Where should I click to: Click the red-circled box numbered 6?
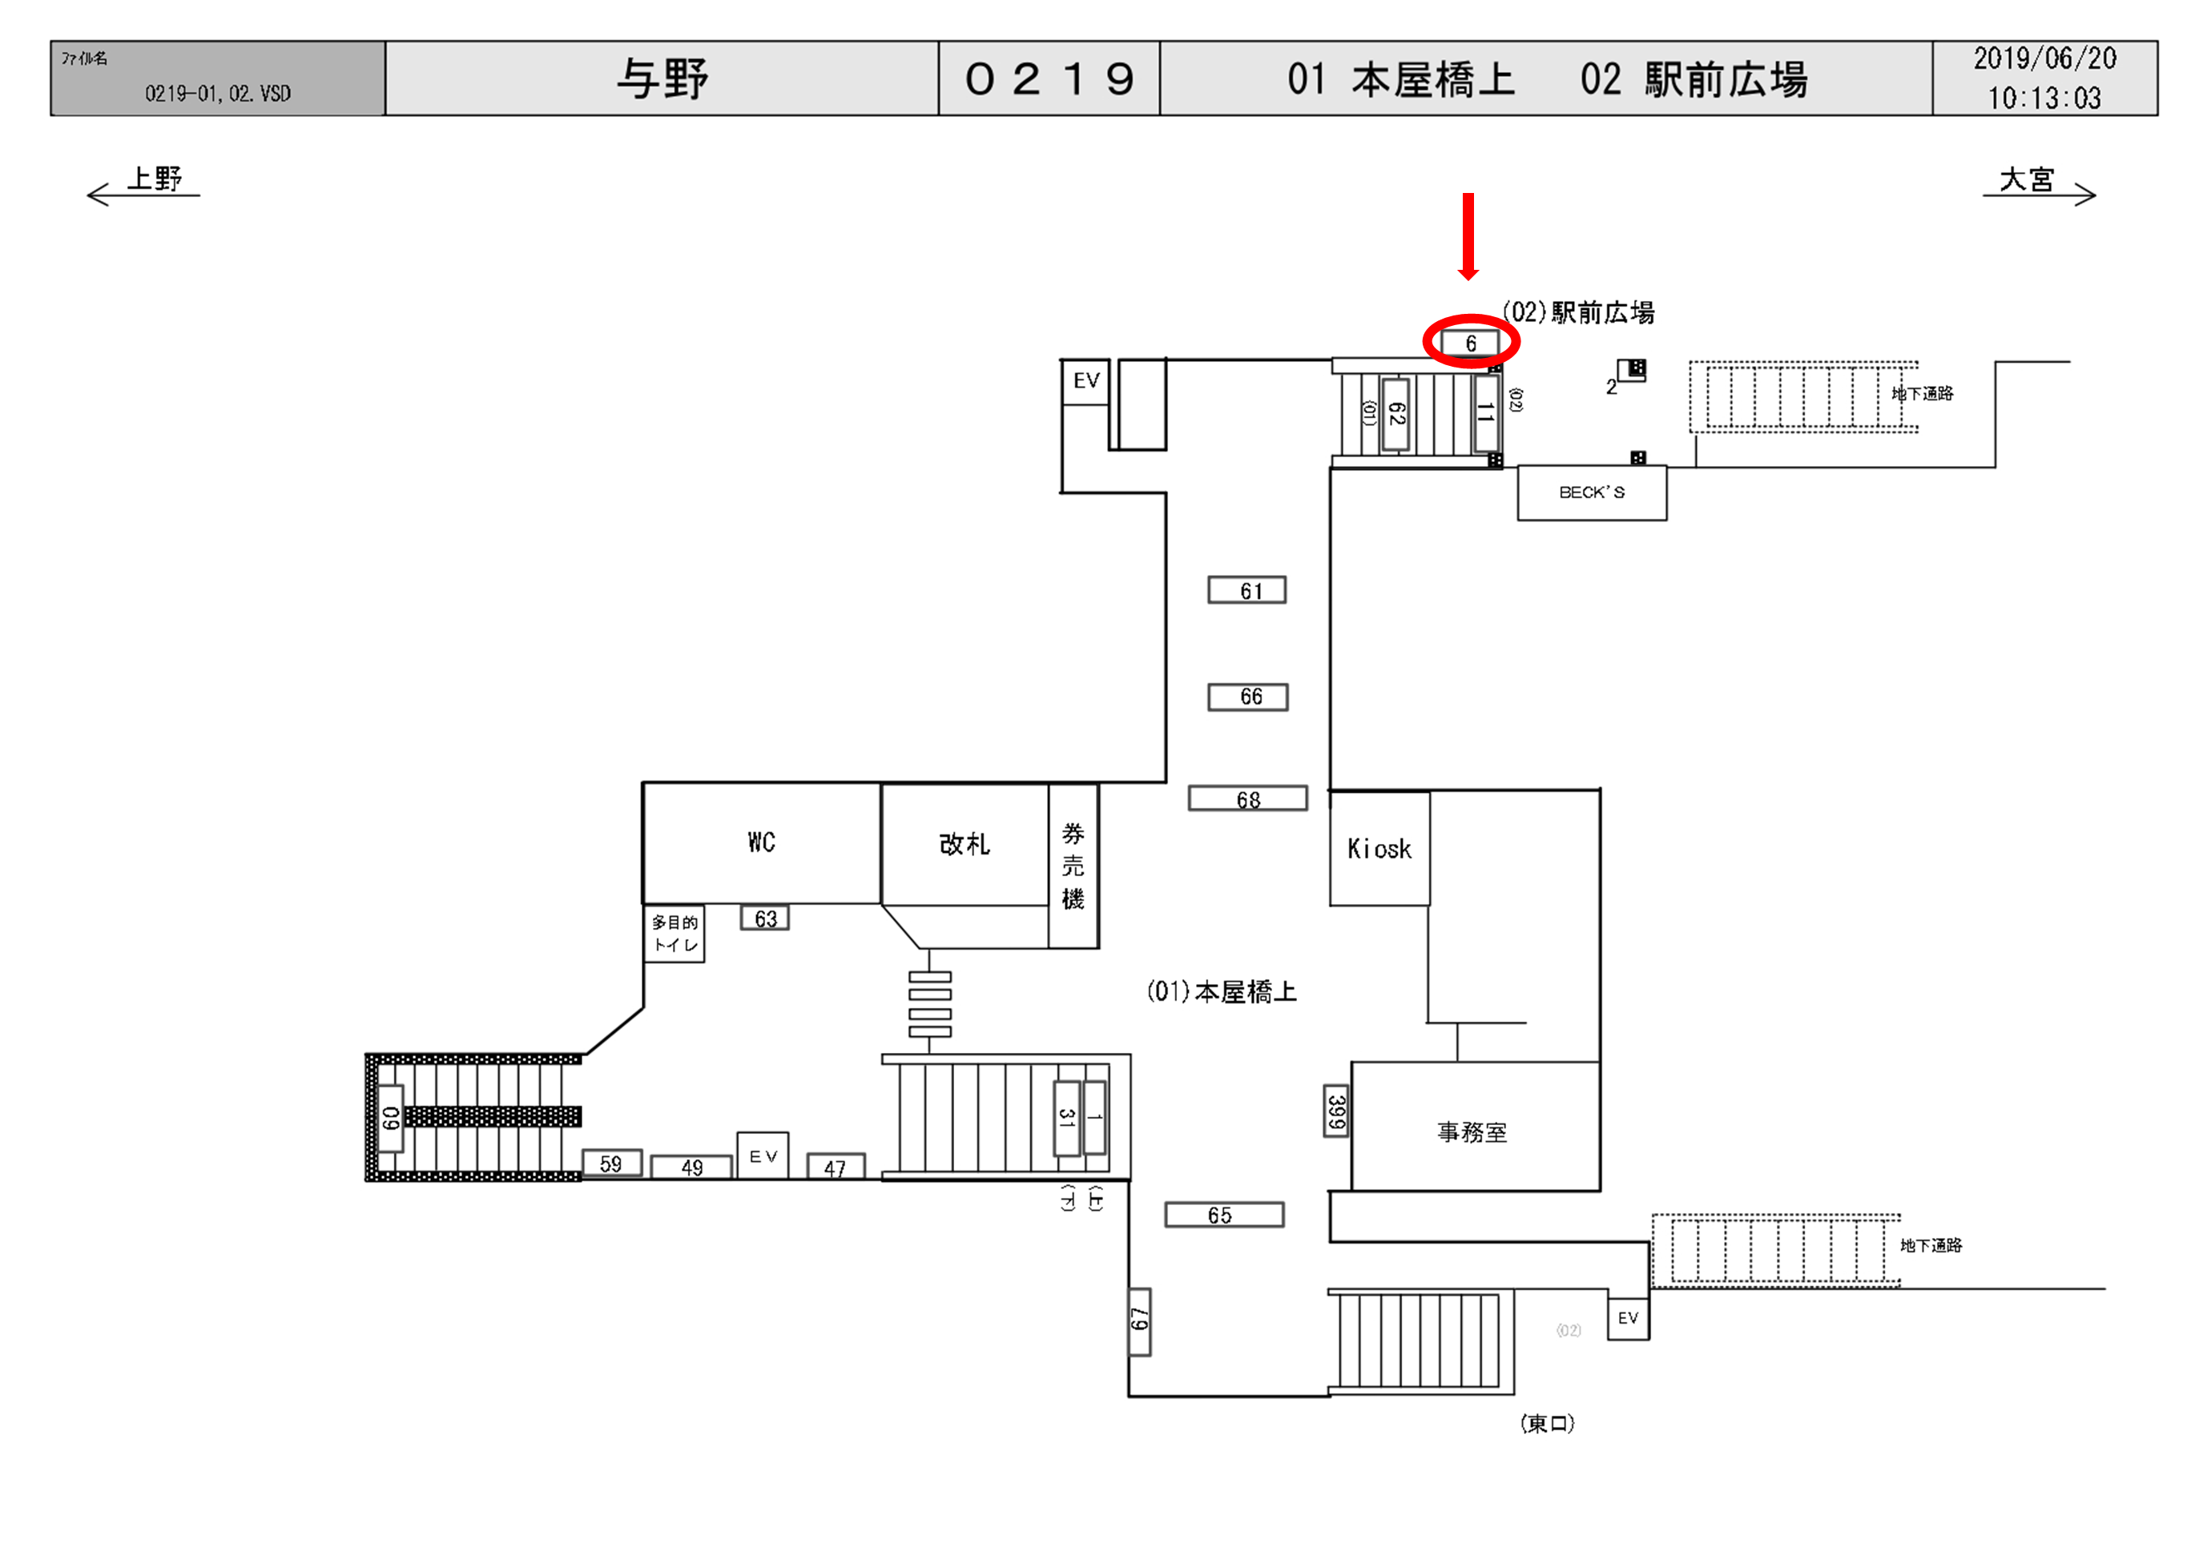(x=1470, y=343)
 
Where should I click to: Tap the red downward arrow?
(x=1468, y=235)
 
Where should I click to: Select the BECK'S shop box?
(x=1592, y=493)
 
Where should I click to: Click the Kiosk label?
(x=1379, y=848)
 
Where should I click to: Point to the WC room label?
(x=761, y=842)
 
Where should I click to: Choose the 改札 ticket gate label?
(x=964, y=844)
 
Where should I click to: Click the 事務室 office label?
(x=1472, y=1133)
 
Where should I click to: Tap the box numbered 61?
(x=1247, y=591)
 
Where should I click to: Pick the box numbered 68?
(x=1248, y=798)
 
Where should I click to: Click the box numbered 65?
(x=1223, y=1215)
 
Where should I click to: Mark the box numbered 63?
(x=765, y=918)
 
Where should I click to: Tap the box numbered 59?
(x=611, y=1163)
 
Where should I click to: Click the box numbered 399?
(x=1336, y=1111)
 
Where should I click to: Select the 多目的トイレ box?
(x=675, y=934)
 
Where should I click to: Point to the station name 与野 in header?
(x=662, y=78)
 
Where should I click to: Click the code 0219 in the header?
(x=1049, y=78)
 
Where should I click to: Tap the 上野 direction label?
(x=154, y=179)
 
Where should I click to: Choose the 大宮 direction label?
(x=2028, y=179)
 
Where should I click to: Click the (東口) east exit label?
(x=1547, y=1423)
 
